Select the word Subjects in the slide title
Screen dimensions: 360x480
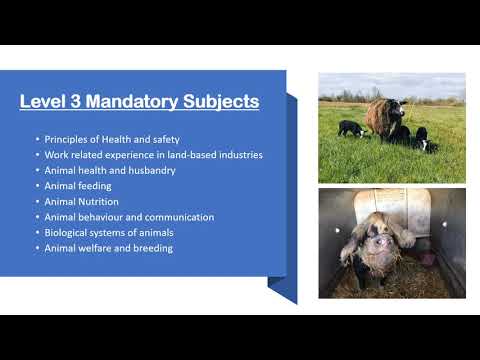pyautogui.click(x=217, y=102)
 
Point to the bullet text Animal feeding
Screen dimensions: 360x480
pyautogui.click(x=77, y=185)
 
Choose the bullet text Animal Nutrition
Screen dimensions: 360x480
pyautogui.click(x=81, y=200)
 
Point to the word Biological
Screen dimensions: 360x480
pyautogui.click(x=67, y=232)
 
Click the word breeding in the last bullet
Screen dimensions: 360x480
pyautogui.click(x=152, y=247)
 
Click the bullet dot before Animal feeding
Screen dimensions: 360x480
pyautogui.click(x=37, y=185)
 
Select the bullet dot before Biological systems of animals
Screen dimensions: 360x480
pyautogui.click(x=37, y=232)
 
